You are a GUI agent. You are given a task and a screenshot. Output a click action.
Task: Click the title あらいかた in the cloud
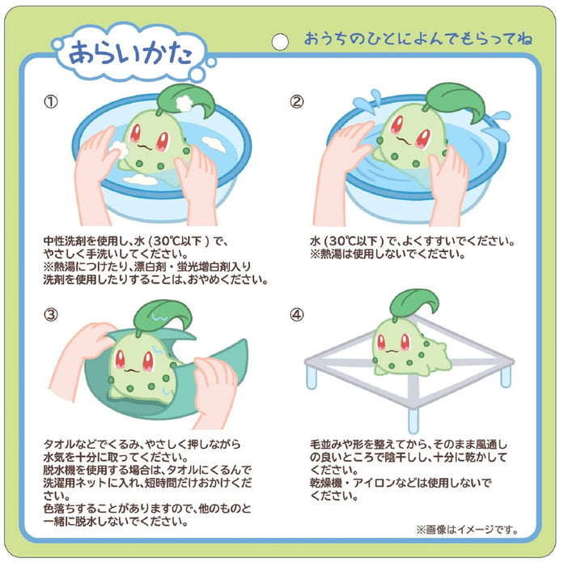point(130,53)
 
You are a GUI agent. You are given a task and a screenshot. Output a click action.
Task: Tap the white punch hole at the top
point(280,41)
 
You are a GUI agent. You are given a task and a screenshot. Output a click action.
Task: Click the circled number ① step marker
point(51,101)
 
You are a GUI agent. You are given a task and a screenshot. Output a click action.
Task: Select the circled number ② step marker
point(297,101)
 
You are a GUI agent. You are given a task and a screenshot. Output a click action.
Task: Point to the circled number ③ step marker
point(51,314)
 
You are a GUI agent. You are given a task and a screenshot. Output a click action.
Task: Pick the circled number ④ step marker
point(297,314)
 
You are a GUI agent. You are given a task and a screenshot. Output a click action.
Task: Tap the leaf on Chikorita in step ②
point(456,100)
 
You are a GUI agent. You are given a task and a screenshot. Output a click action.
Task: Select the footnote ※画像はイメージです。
point(467,530)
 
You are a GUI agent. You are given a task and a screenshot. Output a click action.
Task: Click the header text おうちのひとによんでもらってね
point(418,39)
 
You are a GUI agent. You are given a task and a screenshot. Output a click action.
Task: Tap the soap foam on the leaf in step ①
point(185,103)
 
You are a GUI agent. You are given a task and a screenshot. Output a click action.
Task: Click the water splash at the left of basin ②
point(367,99)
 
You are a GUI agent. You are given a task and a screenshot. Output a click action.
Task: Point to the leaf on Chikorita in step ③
point(163,317)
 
